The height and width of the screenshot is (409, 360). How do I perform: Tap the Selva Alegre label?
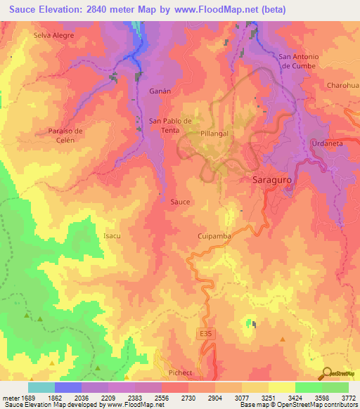pos(53,34)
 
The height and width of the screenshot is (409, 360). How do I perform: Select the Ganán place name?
pos(160,91)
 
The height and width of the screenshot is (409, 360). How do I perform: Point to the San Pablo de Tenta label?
pos(170,125)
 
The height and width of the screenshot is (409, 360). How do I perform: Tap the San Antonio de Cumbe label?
pos(300,61)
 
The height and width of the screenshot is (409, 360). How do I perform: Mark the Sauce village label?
pos(180,202)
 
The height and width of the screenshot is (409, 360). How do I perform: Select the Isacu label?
pos(112,235)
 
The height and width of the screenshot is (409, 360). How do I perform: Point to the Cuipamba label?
pos(214,237)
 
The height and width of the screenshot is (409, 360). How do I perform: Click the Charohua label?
pos(343,86)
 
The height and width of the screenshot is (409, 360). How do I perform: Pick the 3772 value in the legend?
pos(347,396)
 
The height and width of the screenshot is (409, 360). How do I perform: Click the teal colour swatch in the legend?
pos(41,387)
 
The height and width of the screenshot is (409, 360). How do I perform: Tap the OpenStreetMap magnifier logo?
pos(327,374)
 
